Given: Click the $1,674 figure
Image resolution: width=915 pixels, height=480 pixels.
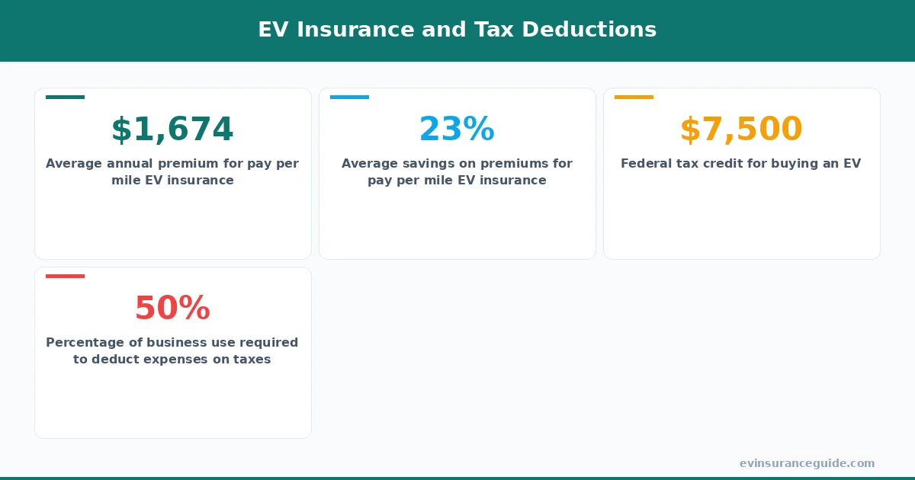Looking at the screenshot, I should coord(172,130).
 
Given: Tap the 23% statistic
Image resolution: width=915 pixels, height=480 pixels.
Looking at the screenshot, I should coord(457,130).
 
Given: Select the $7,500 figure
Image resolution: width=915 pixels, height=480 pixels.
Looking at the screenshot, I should coord(741,130).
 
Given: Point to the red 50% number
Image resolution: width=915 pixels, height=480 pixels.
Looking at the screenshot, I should coord(172,309).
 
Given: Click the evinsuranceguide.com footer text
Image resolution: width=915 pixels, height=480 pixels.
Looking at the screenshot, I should coord(807,463).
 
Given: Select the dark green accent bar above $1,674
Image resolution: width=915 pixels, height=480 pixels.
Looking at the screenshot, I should coord(65,97).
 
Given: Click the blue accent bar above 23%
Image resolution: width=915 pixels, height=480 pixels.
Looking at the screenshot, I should coord(349,97).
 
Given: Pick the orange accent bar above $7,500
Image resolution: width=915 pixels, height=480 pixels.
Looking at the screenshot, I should coord(634,97).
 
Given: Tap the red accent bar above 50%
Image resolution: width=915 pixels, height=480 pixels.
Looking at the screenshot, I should coord(65,276).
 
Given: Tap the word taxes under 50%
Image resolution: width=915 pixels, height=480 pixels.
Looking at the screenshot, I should coord(252,360).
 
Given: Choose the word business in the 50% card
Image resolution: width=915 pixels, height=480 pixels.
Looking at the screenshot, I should coord(169,343).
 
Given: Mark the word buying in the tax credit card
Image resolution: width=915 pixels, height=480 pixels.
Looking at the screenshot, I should coord(793,164).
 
